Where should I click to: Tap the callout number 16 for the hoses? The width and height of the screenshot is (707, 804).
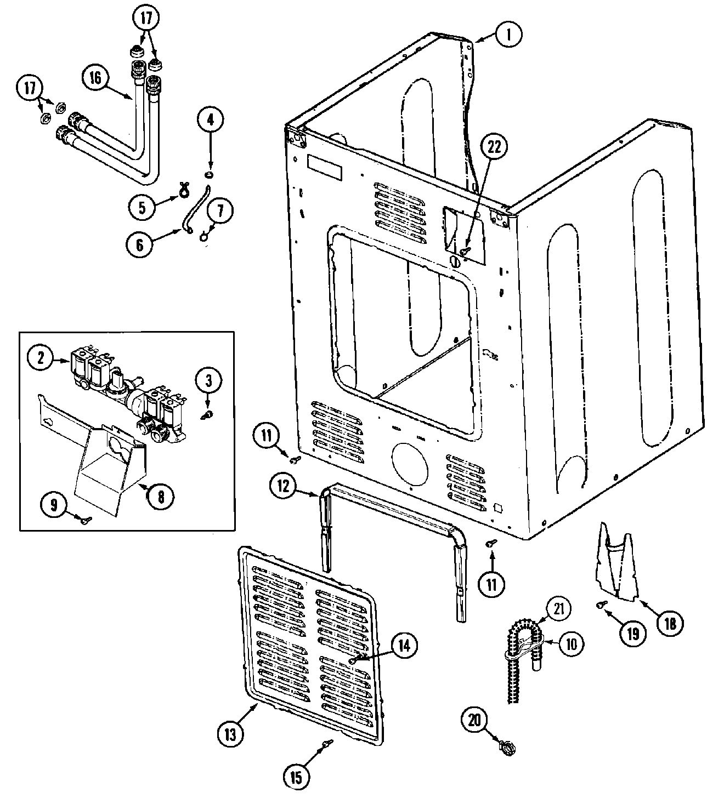point(95,78)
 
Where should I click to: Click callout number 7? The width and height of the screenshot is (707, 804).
point(219,210)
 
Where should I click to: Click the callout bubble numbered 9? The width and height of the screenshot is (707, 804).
point(54,505)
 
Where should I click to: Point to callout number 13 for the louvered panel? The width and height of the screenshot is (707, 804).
point(230,734)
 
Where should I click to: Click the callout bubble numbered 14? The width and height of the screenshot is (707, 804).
point(403,646)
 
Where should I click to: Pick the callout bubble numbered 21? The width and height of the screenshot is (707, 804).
point(558,608)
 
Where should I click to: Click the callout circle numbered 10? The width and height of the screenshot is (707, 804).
point(572,644)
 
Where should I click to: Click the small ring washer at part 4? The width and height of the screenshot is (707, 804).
point(208,175)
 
